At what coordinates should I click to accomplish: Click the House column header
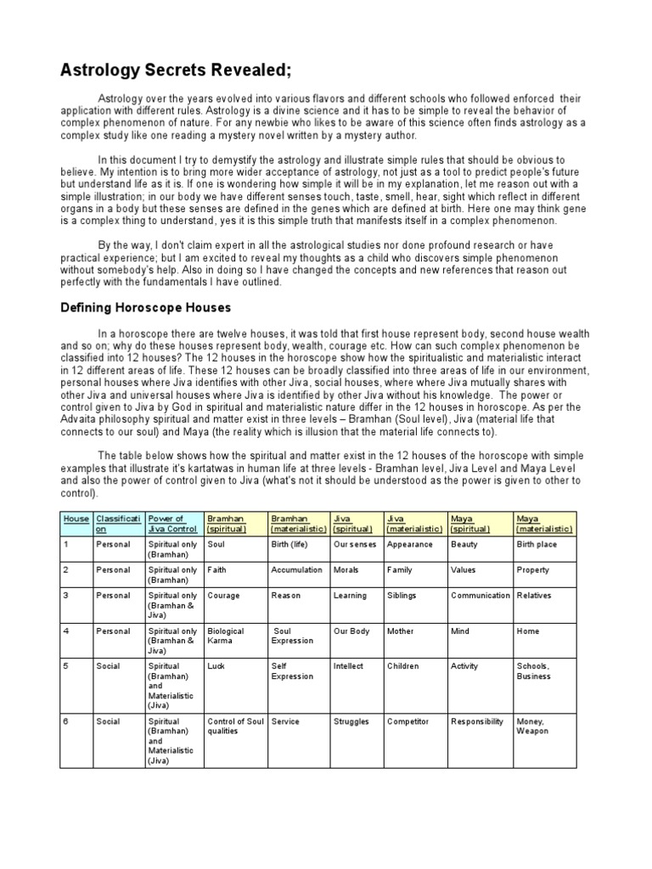coord(76,518)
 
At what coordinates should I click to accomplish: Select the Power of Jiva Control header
coord(171,523)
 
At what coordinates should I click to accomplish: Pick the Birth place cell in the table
coord(538,545)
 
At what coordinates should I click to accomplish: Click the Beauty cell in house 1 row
coord(464,545)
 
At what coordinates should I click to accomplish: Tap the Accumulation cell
coord(296,570)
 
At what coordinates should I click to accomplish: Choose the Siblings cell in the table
coord(402,596)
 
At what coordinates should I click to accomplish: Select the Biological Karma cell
coord(225,636)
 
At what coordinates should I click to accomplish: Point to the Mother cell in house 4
coord(401,631)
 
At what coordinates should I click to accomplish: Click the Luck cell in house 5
coord(217,667)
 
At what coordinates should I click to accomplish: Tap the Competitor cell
coord(407,721)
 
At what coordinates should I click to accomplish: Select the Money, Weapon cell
coord(532,726)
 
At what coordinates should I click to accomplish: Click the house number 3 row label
coord(67,596)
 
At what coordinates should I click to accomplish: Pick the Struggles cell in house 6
coord(351,721)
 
